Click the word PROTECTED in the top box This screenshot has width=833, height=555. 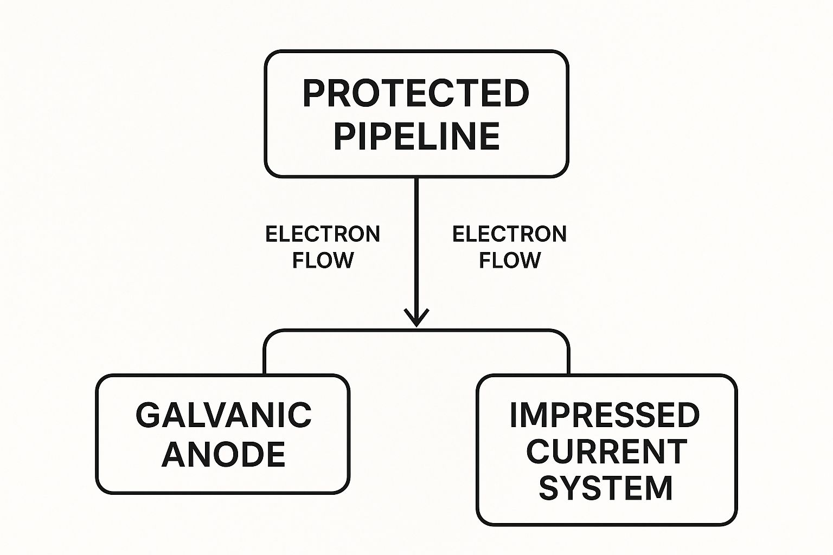point(416,94)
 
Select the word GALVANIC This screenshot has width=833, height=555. point(223,415)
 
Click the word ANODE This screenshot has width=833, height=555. point(223,454)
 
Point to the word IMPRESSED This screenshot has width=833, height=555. point(605,415)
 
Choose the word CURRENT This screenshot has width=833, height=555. point(606,451)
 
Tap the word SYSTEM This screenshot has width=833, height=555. point(606,488)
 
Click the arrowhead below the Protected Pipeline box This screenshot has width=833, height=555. point(416,318)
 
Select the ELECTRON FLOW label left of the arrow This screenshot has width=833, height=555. point(323,247)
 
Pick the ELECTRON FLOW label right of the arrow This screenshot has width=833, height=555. point(510,247)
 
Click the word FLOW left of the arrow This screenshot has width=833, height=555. point(323,260)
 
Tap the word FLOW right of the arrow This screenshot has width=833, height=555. point(510,260)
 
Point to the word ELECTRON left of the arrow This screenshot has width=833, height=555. point(323,234)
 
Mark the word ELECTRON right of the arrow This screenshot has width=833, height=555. point(510,234)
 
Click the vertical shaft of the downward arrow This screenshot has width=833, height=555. point(416,244)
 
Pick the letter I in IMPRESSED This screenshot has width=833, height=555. point(514,415)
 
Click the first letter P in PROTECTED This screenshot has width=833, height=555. point(313,94)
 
